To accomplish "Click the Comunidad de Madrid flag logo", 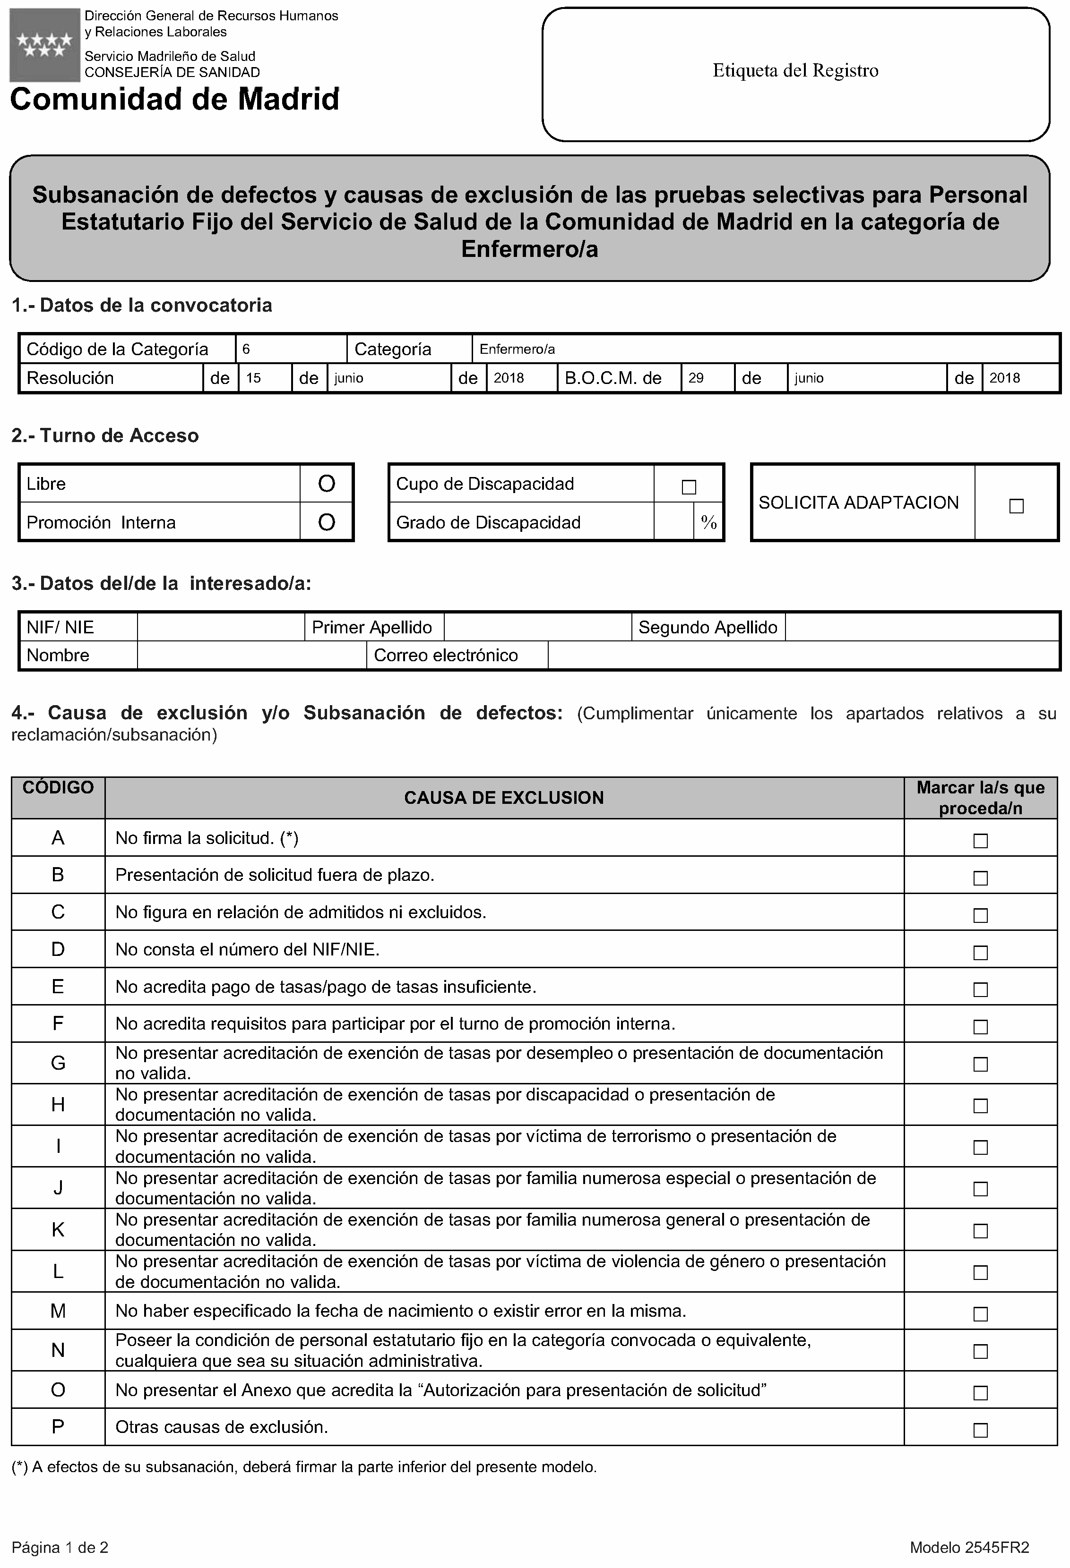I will (x=44, y=44).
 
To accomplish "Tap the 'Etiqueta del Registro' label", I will (x=795, y=71).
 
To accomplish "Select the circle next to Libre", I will (x=326, y=484).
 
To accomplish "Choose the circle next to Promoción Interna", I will (x=326, y=522).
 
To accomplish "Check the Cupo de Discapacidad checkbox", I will (x=689, y=487).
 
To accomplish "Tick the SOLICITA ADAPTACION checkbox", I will (x=1016, y=506).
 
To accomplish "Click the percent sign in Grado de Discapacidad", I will (x=708, y=522).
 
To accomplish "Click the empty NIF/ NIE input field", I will (x=221, y=628).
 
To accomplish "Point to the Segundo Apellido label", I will (x=708, y=628).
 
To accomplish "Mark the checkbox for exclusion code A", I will (x=980, y=841).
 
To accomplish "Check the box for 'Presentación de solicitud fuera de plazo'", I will (x=980, y=878).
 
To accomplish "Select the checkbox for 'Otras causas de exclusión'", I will (x=980, y=1430).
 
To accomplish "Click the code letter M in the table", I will (x=58, y=1311).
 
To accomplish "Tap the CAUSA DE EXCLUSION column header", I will (x=504, y=798).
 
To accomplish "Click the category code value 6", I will (x=246, y=349).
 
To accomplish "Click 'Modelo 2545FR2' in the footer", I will (x=969, y=1547).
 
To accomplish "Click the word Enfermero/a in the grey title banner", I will (x=529, y=250).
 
